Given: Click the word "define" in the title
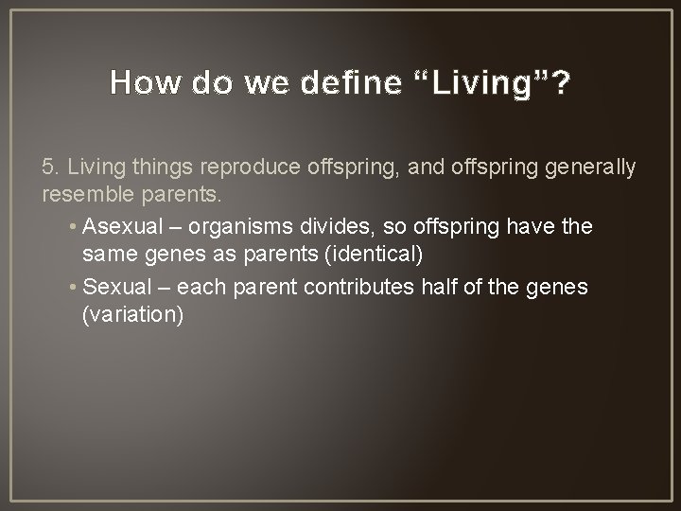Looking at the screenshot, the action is tap(351, 81).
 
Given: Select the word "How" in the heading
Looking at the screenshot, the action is tap(145, 81).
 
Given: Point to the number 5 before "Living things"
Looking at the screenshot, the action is tap(48, 167).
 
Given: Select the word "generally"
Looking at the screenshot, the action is tap(590, 168).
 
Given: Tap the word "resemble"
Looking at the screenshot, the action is tap(88, 194).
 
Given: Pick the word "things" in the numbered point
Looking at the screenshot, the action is tap(162, 168).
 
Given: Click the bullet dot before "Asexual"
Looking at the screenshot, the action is tap(73, 226).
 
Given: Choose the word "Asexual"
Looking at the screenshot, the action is tap(122, 226).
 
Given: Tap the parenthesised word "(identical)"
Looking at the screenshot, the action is tap(374, 255).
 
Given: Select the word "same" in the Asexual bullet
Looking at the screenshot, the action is tap(110, 255).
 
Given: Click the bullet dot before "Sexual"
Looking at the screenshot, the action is tap(73, 287).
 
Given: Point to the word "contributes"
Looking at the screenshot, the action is tap(358, 287).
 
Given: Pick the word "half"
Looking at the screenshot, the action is tap(438, 287).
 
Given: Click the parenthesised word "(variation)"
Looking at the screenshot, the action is tap(133, 314).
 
